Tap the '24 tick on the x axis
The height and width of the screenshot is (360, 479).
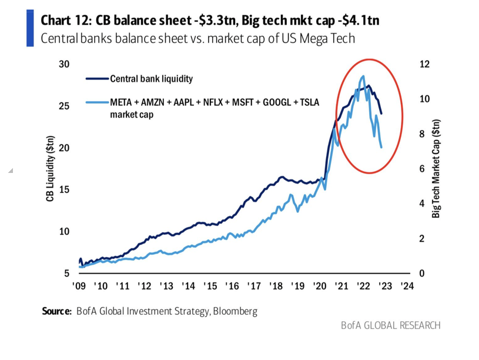coord(407,287)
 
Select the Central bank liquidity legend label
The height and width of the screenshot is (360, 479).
coord(151,79)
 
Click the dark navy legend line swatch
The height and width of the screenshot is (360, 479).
coord(96,79)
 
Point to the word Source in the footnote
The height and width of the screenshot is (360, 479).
coord(56,311)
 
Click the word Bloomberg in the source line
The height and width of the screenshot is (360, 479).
coord(235,311)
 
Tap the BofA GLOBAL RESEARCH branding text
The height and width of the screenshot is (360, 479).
coord(390,325)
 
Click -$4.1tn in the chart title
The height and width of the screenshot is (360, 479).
coord(354,21)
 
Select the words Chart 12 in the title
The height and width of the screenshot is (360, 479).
coord(63,21)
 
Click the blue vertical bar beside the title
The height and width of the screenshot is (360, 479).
coord(30,28)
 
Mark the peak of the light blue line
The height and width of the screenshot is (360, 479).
coord(363,76)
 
